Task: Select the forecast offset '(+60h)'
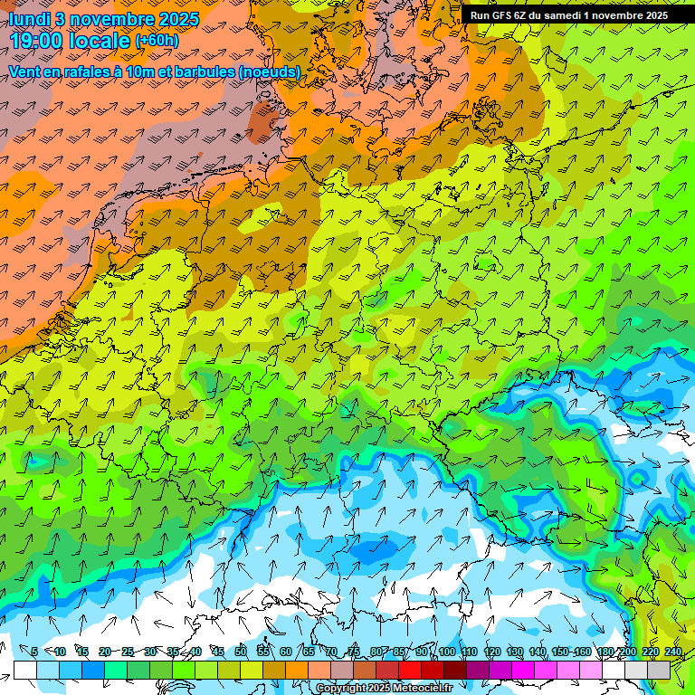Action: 157,41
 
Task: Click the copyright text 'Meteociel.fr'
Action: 423,689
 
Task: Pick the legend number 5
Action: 34,652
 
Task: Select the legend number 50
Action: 240,652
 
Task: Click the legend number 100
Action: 446,652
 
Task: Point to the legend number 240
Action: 672,652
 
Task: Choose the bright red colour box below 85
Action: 410,670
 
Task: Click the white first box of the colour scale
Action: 24,670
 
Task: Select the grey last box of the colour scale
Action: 659,670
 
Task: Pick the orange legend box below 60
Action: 297,670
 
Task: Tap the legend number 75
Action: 353,652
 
